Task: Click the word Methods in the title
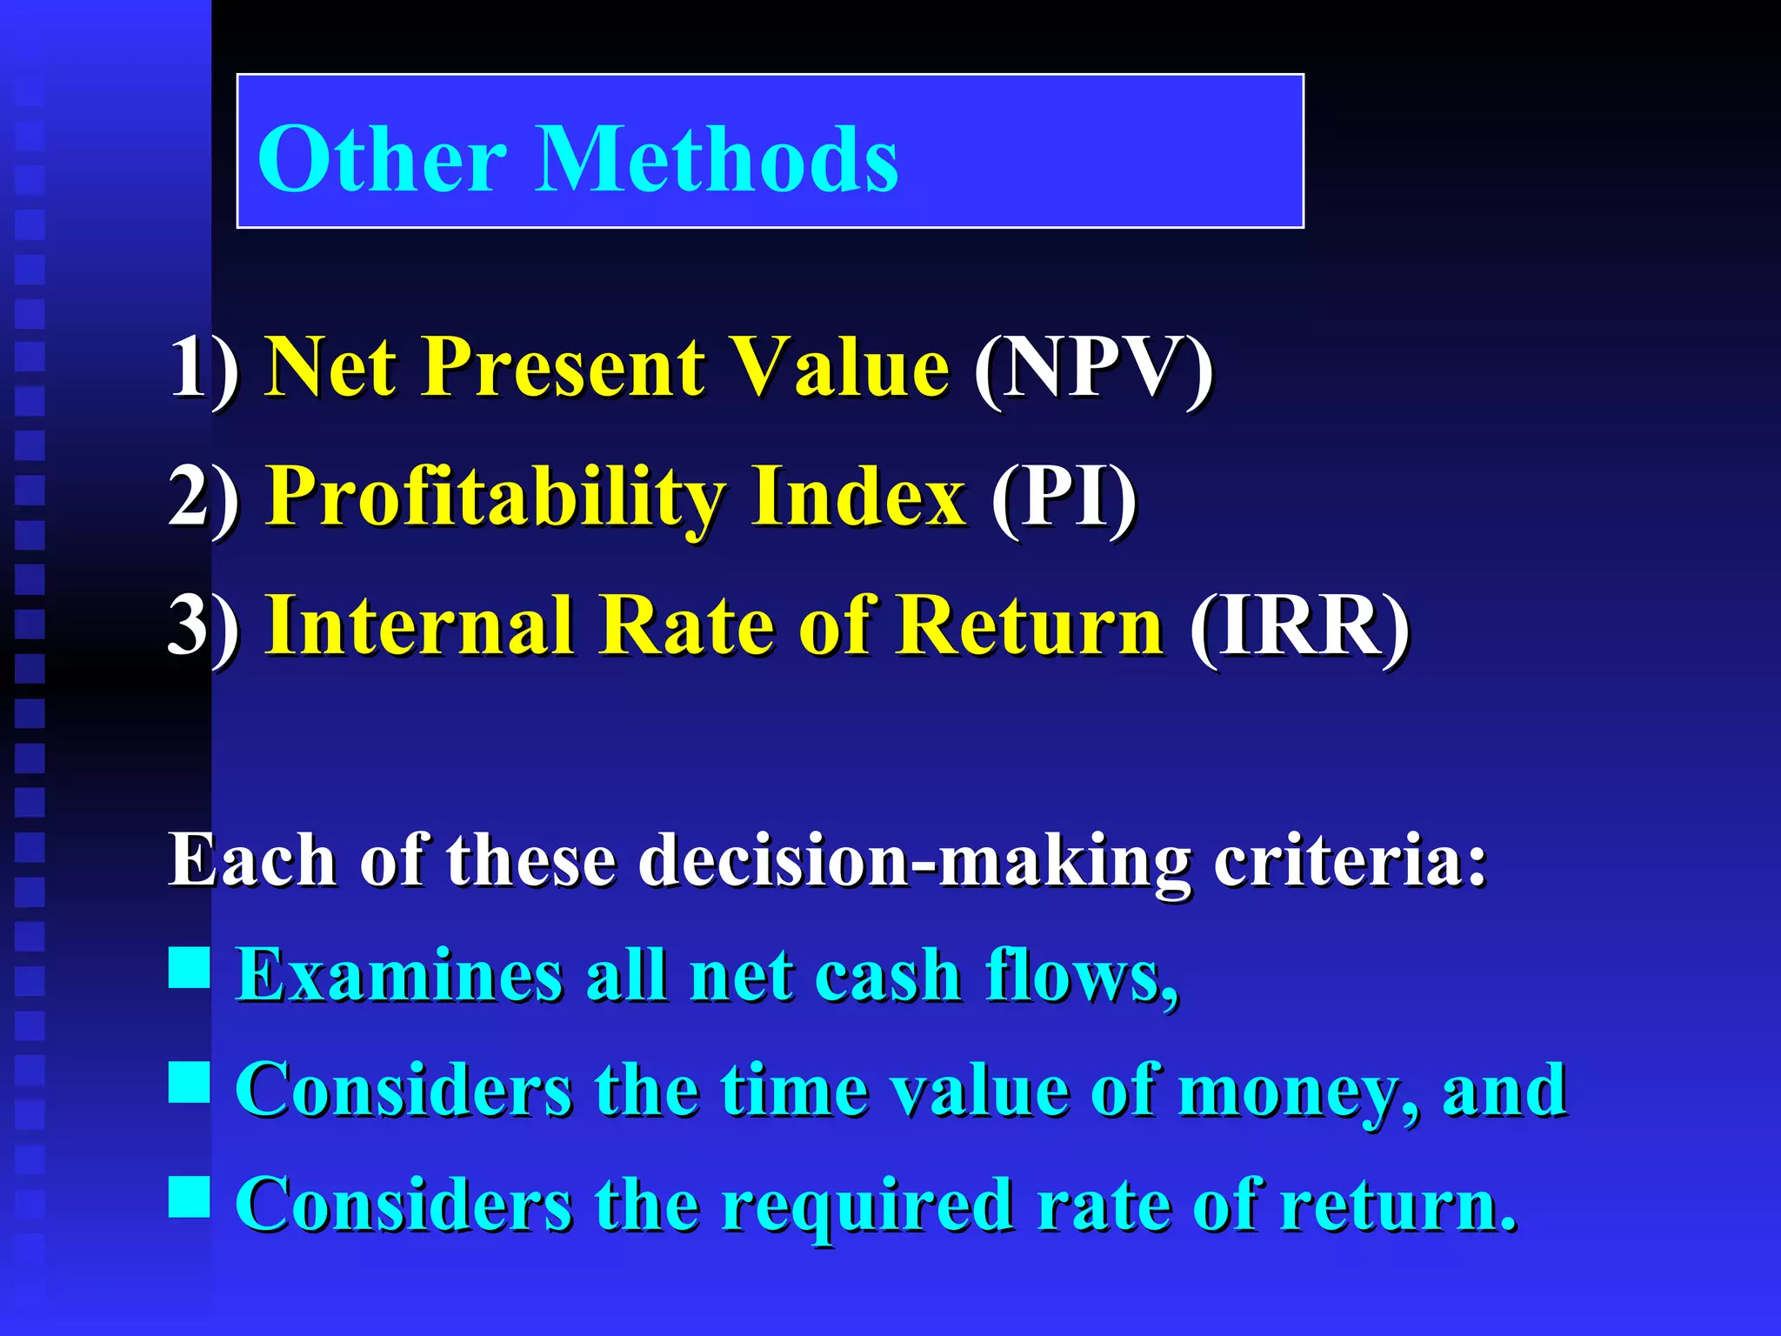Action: coord(717,159)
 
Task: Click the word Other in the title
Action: coord(383,159)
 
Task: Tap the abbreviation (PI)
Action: coord(1064,497)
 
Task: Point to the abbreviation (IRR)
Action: coord(1299,626)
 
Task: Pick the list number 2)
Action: coord(204,497)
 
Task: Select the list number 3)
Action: coord(204,626)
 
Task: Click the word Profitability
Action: coord(496,497)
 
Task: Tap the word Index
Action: coord(858,497)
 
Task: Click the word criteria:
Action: coord(1351,861)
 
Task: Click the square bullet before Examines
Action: coord(190,967)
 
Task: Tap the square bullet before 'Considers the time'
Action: coord(190,1082)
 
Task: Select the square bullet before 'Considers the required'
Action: coord(190,1196)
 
